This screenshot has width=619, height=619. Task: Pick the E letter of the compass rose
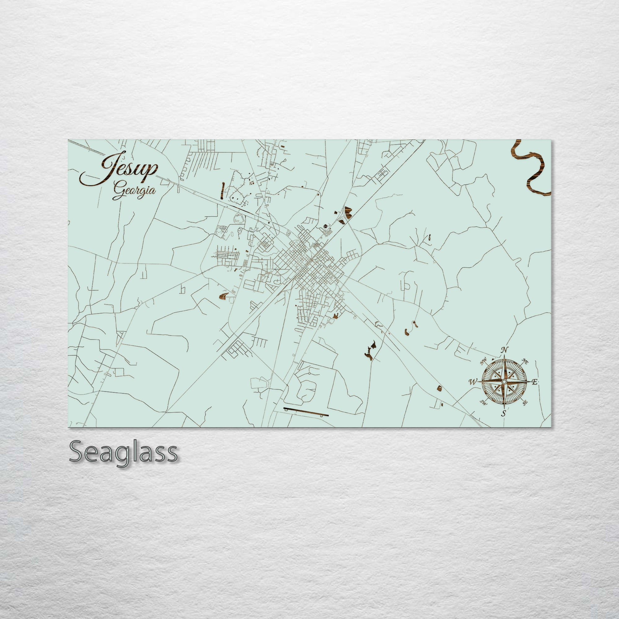[x=535, y=382]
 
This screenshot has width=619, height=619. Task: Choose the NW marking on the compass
[x=483, y=362]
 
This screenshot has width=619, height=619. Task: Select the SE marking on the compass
[x=525, y=403]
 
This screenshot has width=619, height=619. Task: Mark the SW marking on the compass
[x=484, y=403]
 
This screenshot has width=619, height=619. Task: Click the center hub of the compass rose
[x=504, y=382]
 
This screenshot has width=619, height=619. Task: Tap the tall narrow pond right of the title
[x=223, y=189]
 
